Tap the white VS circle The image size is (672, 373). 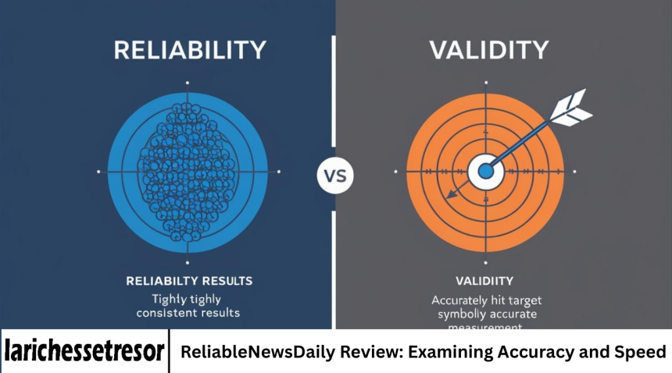pyautogui.click(x=334, y=175)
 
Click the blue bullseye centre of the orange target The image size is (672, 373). pyautogui.click(x=485, y=169)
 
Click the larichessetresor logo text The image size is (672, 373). pyautogui.click(x=84, y=351)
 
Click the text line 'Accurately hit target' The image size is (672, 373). pyautogui.click(x=486, y=300)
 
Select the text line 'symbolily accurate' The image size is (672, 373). pyautogui.click(x=486, y=314)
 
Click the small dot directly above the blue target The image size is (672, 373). pyautogui.click(x=187, y=82)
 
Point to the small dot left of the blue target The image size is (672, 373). pyautogui.click(x=98, y=171)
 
